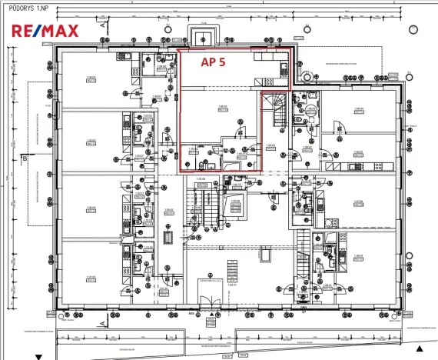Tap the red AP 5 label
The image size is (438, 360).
(213, 63)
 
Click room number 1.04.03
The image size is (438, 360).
(90, 78)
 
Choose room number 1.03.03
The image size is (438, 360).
(90, 141)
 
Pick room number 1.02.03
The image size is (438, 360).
(90, 208)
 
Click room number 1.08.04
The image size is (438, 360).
(359, 109)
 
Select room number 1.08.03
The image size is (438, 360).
(359, 152)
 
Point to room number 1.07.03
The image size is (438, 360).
(359, 202)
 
